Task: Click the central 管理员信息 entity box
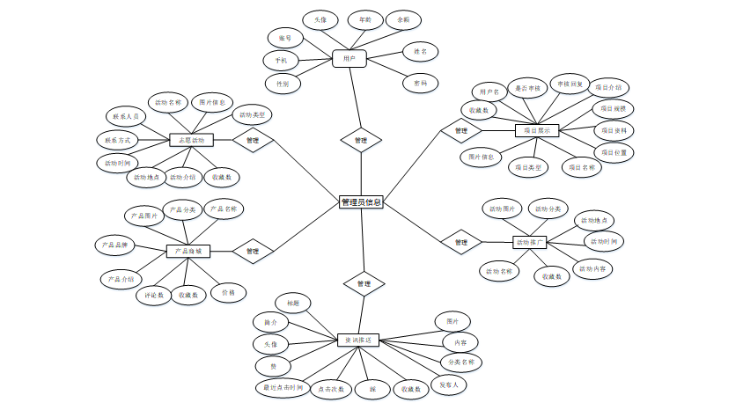361,201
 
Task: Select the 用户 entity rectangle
349,59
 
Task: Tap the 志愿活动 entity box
192,140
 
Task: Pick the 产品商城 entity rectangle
188,251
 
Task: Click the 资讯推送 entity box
358,340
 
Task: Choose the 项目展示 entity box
537,130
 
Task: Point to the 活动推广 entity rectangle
530,242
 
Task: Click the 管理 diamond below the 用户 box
361,140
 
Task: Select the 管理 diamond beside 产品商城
253,251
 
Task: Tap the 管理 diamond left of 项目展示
460,131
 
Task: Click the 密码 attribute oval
420,84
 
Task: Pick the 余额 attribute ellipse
403,19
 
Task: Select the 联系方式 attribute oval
118,140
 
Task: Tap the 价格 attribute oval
228,292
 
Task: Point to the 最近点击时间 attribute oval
282,387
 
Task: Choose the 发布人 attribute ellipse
449,384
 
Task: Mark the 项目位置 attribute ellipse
614,152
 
